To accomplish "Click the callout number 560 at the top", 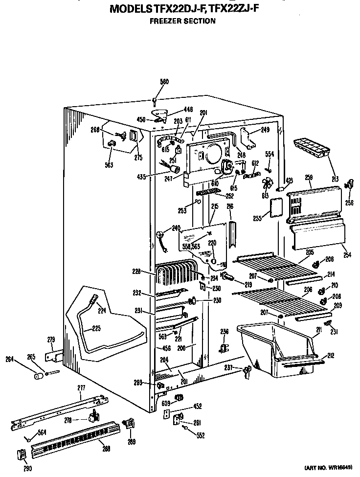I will (164, 82).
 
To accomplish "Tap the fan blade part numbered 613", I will (267, 185).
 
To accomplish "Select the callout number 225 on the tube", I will (97, 328).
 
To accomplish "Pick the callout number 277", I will (81, 388).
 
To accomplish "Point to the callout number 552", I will (200, 435).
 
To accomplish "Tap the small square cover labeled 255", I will (276, 207).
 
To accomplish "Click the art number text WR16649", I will (340, 468).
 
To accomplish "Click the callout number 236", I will (224, 331).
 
